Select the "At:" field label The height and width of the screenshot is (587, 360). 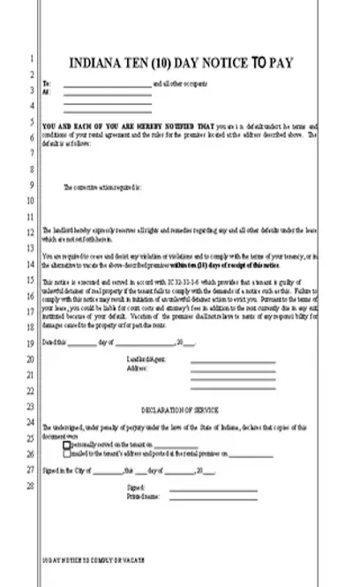[x=46, y=91]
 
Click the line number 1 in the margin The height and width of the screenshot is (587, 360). [x=30, y=58]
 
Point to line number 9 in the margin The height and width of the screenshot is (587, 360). [x=30, y=185]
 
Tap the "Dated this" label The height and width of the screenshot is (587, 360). [x=53, y=341]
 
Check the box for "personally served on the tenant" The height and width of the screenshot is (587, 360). [x=67, y=446]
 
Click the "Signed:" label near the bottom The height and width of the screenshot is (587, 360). [x=135, y=487]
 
